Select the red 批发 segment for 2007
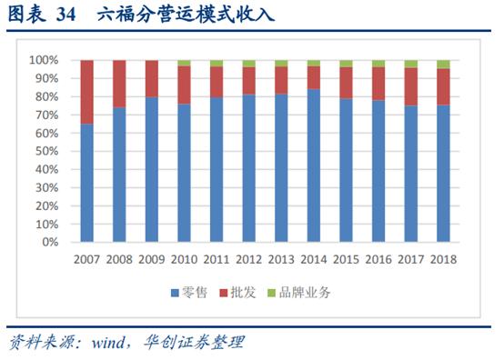[x=86, y=92]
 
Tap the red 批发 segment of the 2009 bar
[x=152, y=78]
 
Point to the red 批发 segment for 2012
[x=248, y=81]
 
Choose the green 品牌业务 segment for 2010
[x=184, y=63]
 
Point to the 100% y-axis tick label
[x=44, y=60]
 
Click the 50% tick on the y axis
[x=46, y=152]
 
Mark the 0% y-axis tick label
[x=50, y=243]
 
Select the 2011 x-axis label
[x=217, y=259]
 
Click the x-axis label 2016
[x=378, y=259]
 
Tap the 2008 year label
[x=119, y=259]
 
